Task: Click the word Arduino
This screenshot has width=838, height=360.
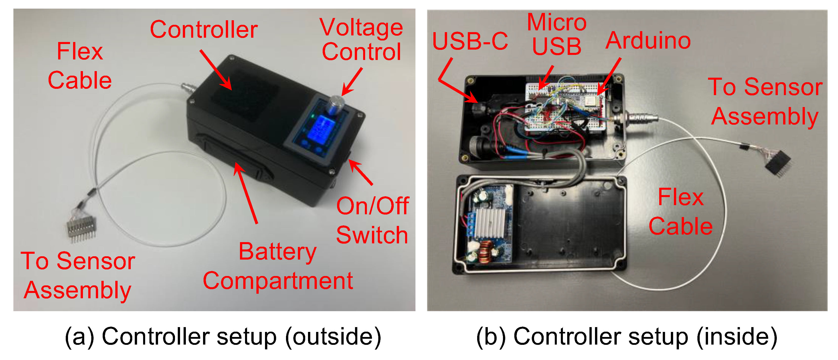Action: (648, 41)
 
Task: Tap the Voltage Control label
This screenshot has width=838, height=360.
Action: (361, 40)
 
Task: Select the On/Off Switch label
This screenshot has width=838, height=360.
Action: (372, 220)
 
